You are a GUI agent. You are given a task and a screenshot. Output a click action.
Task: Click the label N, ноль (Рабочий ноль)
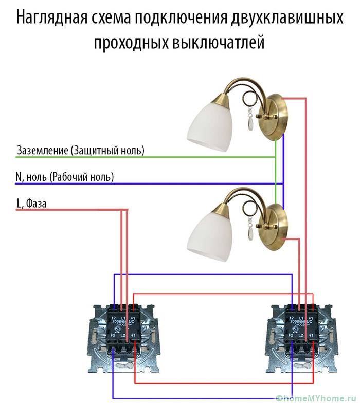point(65,177)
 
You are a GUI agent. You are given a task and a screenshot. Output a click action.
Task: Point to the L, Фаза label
point(32,204)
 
